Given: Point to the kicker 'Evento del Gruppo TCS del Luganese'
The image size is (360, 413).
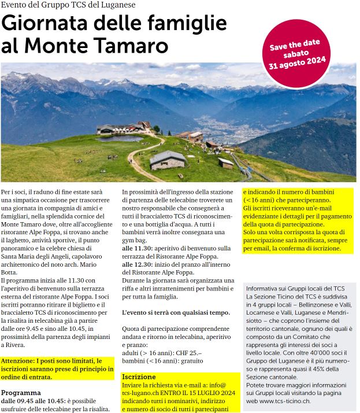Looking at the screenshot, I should pos(68,5).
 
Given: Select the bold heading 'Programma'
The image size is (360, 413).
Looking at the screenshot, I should pos(21,391).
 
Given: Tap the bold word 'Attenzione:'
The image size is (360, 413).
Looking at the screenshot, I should pos(19,360).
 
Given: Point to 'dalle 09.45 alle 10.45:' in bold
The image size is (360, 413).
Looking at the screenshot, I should pos(36,400).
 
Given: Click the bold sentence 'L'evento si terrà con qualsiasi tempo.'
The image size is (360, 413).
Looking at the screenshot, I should pos(176,312).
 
